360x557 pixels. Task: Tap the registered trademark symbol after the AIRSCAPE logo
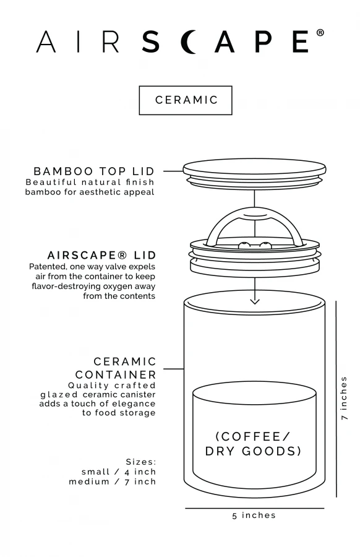click(320, 33)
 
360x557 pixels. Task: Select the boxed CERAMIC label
click(186, 100)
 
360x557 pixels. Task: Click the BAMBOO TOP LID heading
click(94, 170)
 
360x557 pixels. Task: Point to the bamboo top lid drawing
click(254, 168)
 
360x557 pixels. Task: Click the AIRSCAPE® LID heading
click(102, 255)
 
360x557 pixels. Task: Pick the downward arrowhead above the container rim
click(254, 301)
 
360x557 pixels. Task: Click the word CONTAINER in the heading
click(116, 374)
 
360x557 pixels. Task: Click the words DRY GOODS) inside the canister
click(254, 451)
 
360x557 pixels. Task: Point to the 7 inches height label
click(345, 398)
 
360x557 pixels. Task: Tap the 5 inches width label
click(254, 515)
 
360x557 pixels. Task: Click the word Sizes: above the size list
click(141, 462)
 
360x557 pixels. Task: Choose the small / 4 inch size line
click(119, 472)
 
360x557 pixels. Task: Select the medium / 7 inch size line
click(113, 481)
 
